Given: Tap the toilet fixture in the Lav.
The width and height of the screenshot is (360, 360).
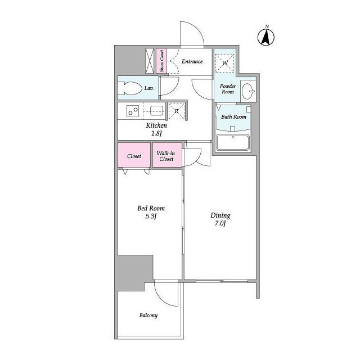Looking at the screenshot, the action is tap(129, 88).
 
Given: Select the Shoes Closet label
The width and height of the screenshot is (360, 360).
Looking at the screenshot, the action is tap(161, 61).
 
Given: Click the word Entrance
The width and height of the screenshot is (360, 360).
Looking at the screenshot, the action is tap(192, 61).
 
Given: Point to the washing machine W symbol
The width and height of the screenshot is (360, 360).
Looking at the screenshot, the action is tap(225, 63).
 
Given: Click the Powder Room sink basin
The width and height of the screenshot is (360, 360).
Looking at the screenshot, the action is tap(248, 91).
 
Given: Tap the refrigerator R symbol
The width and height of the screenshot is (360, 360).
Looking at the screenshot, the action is tap(177, 111).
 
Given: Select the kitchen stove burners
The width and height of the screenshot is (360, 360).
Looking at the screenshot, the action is tap(133, 111).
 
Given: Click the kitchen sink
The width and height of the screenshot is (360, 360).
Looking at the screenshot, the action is tap(156, 111).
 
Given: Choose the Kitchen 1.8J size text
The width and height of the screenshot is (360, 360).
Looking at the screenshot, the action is tap(156, 129).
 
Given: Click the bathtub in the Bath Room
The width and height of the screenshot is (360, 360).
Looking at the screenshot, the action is tap(233, 142).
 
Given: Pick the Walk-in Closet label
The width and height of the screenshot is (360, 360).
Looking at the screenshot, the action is tap(166, 156).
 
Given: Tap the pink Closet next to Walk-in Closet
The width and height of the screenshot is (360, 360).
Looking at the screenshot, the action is tap(134, 155).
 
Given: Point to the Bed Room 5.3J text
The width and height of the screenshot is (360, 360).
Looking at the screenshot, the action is tap(151, 212).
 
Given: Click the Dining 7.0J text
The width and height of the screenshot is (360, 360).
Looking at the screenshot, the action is tap(220, 219).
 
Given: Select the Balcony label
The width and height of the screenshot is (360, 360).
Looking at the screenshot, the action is tap(148, 315).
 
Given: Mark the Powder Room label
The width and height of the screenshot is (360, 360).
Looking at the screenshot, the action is tap(228, 89).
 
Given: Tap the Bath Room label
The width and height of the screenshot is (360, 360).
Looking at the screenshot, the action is tap(234, 117).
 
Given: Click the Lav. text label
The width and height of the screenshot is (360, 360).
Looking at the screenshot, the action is tap(149, 88).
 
